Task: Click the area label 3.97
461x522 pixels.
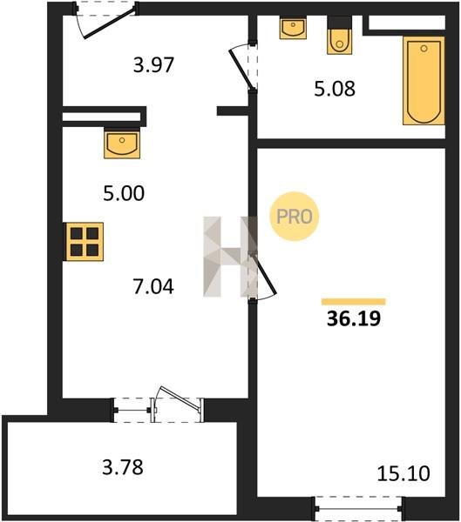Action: (153, 65)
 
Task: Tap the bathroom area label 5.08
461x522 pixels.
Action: (335, 89)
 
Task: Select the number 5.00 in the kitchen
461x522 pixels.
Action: (124, 193)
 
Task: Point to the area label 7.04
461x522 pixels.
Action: (153, 286)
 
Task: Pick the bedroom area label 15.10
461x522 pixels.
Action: (403, 474)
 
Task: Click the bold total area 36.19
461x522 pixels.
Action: (354, 318)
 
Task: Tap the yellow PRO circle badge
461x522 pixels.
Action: (295, 217)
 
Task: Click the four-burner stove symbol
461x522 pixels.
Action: (85, 242)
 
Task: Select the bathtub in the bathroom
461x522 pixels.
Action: (424, 81)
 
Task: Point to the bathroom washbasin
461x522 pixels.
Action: (293, 29)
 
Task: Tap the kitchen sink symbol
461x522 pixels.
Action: (122, 144)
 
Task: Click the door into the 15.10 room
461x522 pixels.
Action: (263, 273)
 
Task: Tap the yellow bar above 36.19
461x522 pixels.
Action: (353, 302)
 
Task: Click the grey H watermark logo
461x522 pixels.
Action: (230, 257)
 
